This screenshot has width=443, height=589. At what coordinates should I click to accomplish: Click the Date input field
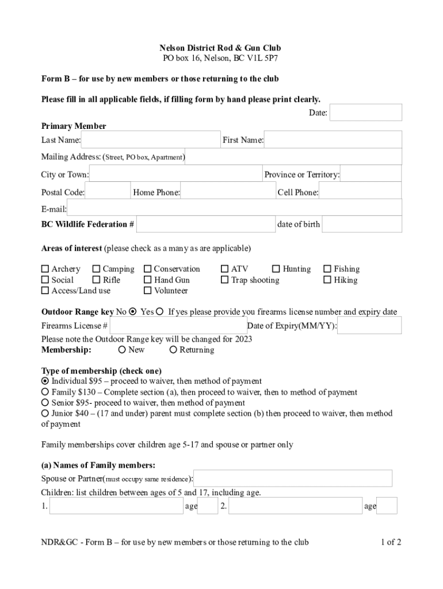[x=366, y=113]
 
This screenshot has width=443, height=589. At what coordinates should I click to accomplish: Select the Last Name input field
[x=151, y=140]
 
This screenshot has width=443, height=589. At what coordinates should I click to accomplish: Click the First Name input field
[x=333, y=140]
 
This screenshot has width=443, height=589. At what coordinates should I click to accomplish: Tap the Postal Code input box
[x=108, y=192]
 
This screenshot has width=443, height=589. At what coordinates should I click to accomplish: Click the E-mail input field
[x=234, y=208]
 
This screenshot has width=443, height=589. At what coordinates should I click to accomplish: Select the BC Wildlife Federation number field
[x=206, y=224]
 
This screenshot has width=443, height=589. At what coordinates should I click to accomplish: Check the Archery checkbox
[x=45, y=269]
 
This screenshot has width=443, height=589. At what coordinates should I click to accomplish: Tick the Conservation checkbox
[x=148, y=269]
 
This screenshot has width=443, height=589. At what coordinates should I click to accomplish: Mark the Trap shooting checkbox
[x=225, y=280]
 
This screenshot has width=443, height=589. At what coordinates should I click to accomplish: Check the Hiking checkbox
[x=327, y=280]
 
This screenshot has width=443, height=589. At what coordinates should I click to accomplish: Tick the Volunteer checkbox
[x=148, y=291]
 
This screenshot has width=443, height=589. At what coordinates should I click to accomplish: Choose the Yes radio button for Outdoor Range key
[x=160, y=312]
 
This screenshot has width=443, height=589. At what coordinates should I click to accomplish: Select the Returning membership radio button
[x=173, y=350]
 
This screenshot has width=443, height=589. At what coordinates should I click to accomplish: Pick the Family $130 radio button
[x=45, y=392]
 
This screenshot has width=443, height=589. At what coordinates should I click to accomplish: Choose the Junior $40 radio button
[x=45, y=413]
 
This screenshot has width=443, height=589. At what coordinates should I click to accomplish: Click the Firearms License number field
[x=178, y=326]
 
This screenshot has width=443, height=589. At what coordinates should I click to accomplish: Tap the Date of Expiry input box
[x=369, y=326]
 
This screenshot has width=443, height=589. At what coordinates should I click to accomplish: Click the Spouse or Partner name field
[x=293, y=478]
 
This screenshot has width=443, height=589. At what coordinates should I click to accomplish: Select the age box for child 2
[x=387, y=506]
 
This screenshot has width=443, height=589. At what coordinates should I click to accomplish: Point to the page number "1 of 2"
[x=391, y=542]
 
